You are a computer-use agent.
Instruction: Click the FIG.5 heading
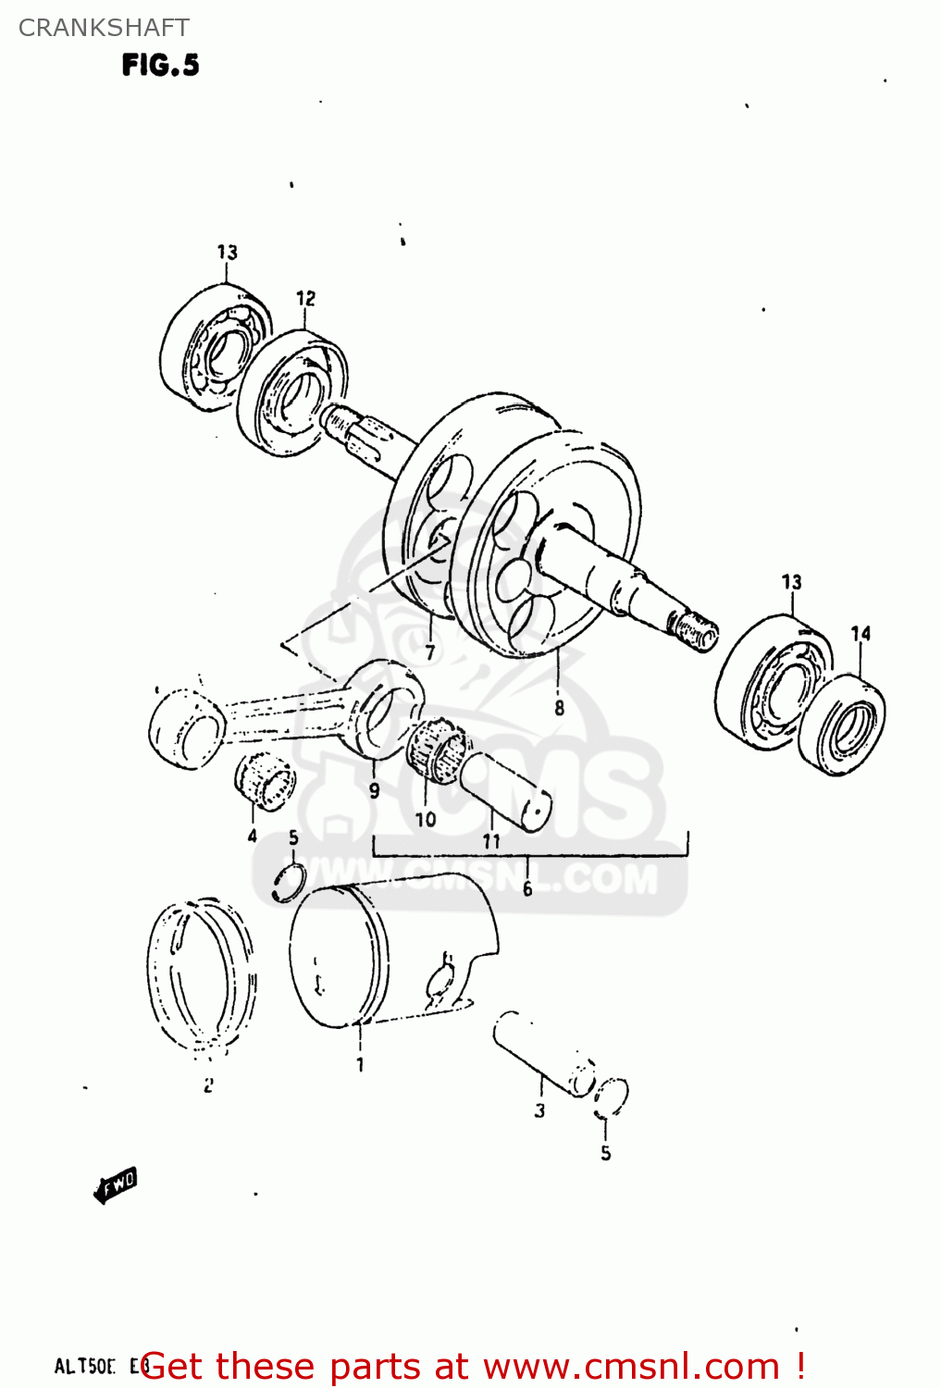[x=160, y=65]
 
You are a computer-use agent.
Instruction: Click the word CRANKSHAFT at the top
[x=104, y=28]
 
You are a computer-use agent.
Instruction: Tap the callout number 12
[x=305, y=298]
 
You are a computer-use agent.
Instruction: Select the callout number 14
[x=861, y=634]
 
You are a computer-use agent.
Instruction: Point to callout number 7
[x=430, y=652]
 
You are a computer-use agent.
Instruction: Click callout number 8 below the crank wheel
[x=559, y=708]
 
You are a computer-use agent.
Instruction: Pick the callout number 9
[x=374, y=790]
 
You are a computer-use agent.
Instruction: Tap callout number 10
[x=425, y=819]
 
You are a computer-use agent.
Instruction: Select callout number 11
[x=491, y=841]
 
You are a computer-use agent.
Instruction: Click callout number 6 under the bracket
[x=527, y=889]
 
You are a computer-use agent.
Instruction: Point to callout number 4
[x=252, y=837]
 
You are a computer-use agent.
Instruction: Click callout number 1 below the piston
[x=360, y=1065]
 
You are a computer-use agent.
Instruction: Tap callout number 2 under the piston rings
[x=208, y=1085]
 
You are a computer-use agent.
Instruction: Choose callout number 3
[x=539, y=1110]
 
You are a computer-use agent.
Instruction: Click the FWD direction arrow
[x=116, y=1185]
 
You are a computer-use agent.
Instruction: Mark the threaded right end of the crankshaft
[x=695, y=631]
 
